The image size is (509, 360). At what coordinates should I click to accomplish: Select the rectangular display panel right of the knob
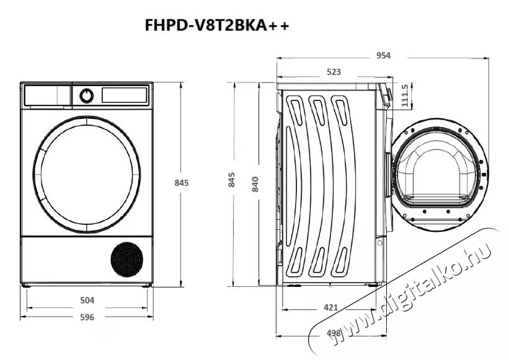pos(124,95)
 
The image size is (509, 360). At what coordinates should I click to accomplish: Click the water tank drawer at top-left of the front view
pos(47,95)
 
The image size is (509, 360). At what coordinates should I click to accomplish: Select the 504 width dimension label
pos(87,301)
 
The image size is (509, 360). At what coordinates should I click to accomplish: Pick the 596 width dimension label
pos(87,317)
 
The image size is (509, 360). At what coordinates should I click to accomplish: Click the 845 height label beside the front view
pos(180,183)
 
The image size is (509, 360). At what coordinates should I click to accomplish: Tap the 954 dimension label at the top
pos(383,56)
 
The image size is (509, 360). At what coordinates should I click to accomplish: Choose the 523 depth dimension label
pos(334,72)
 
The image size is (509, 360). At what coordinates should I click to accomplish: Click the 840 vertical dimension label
pos(255,183)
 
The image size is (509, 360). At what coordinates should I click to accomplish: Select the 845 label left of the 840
pos(232,180)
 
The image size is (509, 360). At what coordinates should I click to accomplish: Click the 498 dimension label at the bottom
pos(334,333)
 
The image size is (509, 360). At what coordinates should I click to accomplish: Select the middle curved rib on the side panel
pos(321,186)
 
